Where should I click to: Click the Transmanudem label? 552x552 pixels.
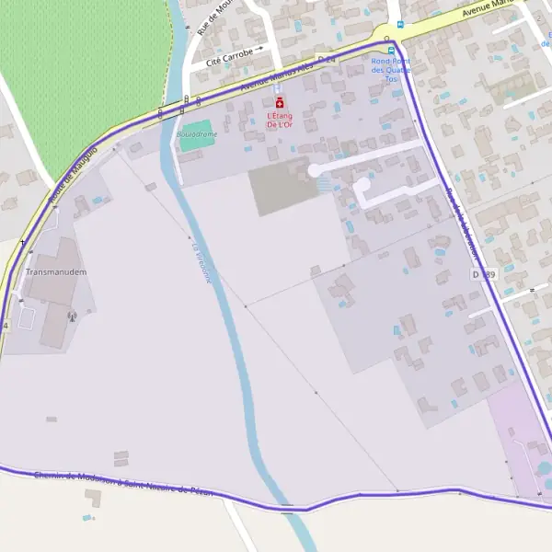(x=55, y=272)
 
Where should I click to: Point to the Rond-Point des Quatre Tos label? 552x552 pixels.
(x=391, y=70)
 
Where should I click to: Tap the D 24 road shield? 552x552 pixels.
(x=327, y=60)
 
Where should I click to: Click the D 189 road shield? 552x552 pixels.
(x=483, y=274)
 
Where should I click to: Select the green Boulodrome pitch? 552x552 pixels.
(x=195, y=136)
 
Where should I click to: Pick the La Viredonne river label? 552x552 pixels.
(x=201, y=262)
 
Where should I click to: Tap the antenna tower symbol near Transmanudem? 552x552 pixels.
(x=71, y=316)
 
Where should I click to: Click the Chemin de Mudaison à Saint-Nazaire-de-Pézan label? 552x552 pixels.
(x=123, y=484)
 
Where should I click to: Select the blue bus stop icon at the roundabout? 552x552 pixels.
(x=391, y=51)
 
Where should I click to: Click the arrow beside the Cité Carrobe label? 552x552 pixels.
(x=259, y=49)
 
